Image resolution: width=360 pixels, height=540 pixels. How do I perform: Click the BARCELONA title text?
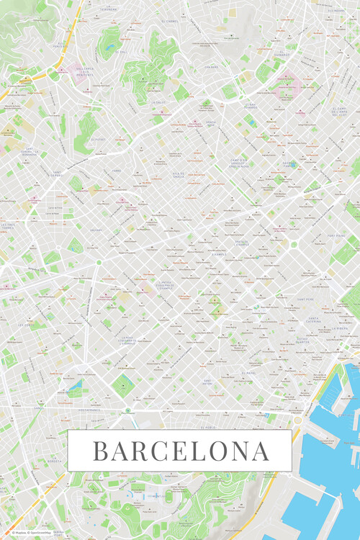coord(180,451)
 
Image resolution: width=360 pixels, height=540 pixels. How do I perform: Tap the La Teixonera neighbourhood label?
coord(108,10)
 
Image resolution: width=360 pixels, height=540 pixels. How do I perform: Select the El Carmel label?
coord(169,21)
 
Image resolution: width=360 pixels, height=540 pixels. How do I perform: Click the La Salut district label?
coord(160,103)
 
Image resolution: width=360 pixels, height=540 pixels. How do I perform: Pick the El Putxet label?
coord(98,140)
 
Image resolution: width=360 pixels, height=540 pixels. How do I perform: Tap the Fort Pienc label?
coord(336,235)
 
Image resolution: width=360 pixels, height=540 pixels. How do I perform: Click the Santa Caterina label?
coord(312,320)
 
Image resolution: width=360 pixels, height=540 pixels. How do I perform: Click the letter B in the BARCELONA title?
coord(100,451)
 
